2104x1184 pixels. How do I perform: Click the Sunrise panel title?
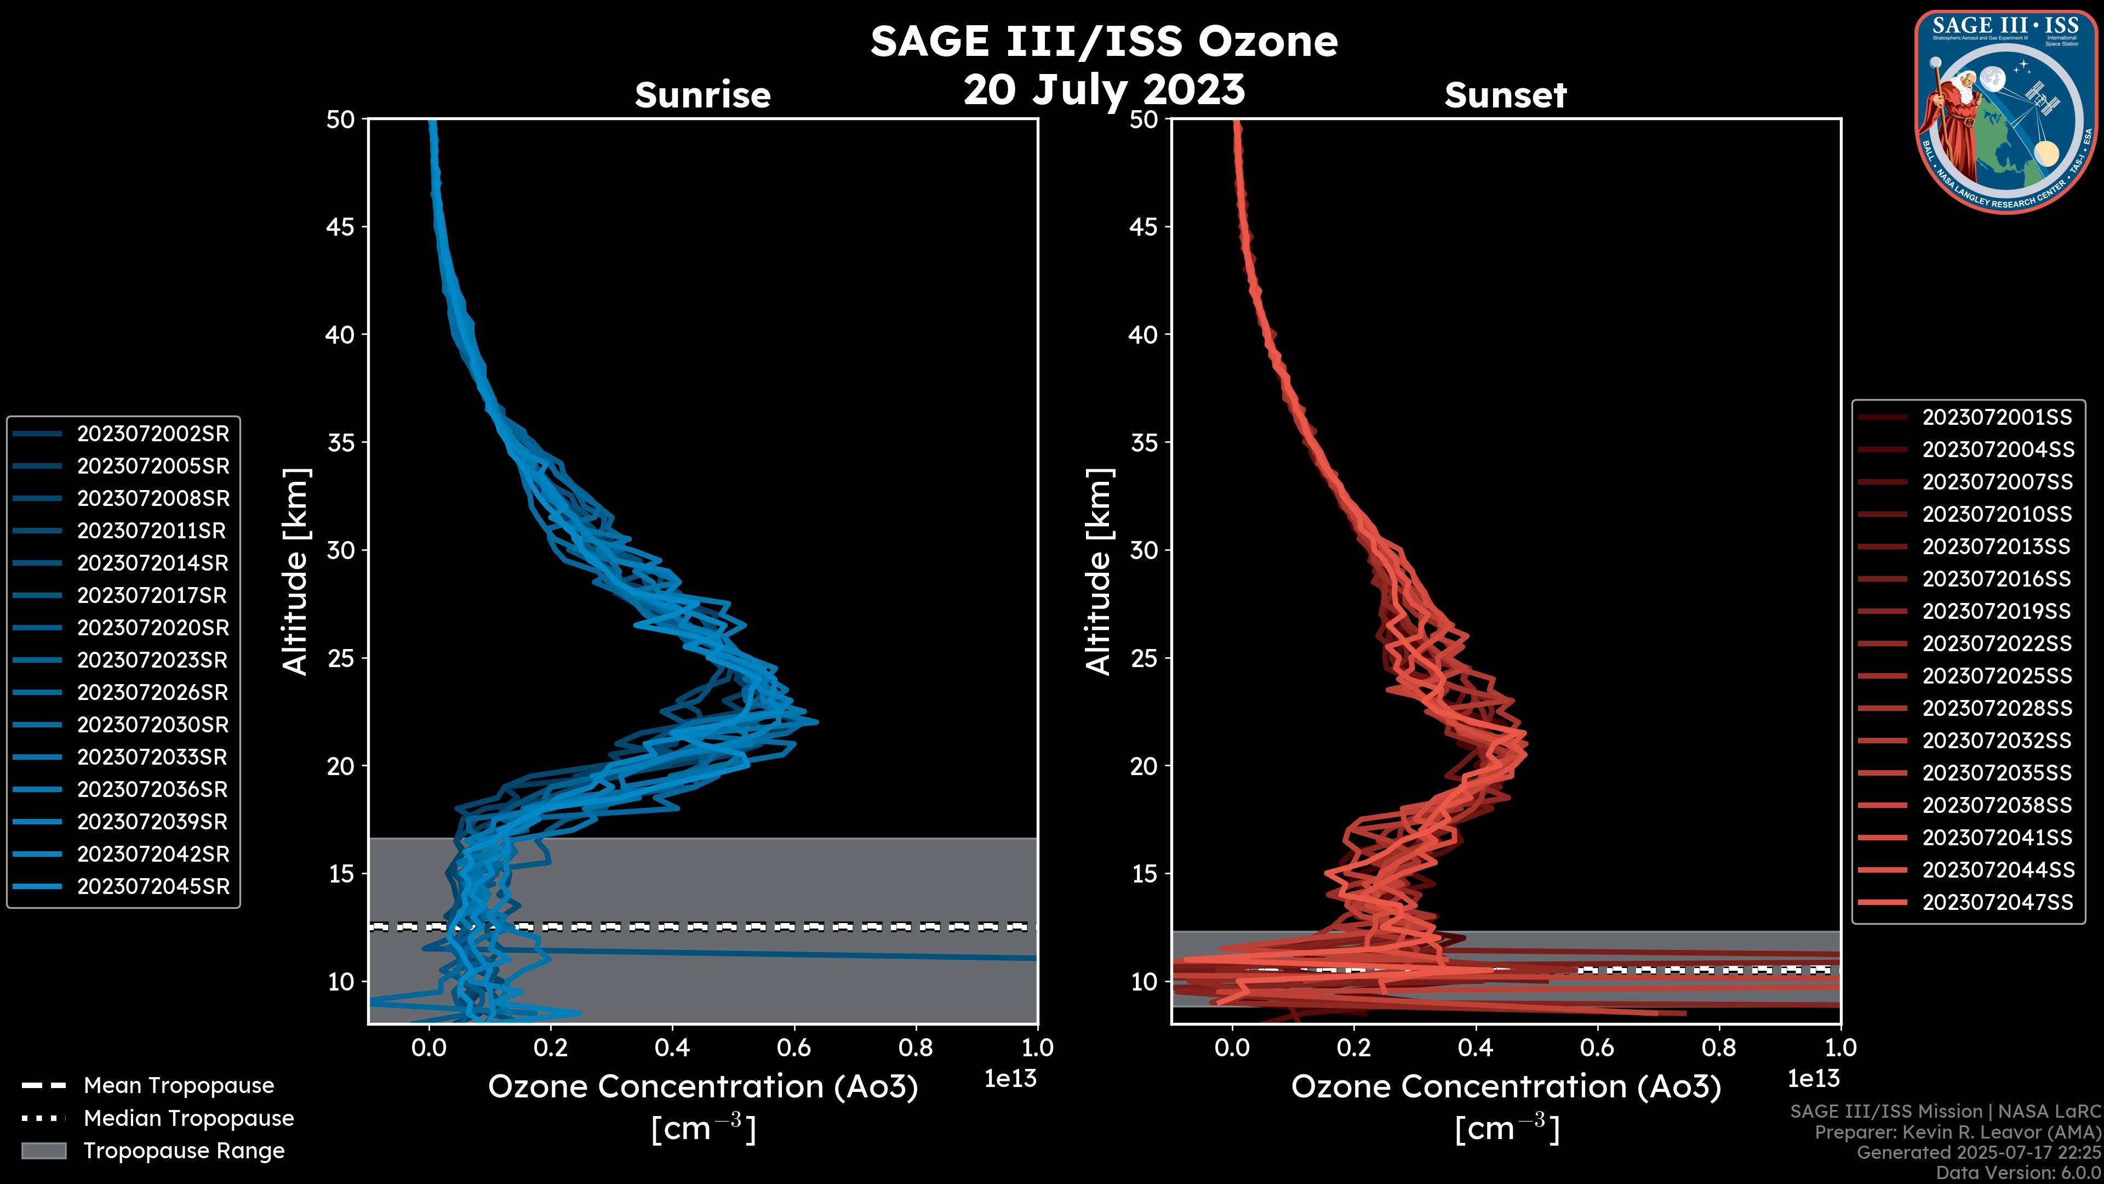pyautogui.click(x=702, y=95)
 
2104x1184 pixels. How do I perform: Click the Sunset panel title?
pyautogui.click(x=1505, y=95)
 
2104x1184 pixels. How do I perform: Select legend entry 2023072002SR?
pyautogui.click(x=153, y=434)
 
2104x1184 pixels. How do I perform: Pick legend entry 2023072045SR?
pyautogui.click(x=153, y=886)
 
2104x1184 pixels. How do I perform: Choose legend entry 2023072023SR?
pyautogui.click(x=153, y=660)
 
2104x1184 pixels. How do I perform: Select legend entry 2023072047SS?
pyautogui.click(x=1997, y=902)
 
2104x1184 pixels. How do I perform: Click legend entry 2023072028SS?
pyautogui.click(x=1997, y=708)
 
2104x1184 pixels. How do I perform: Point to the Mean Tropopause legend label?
pyautogui.click(x=179, y=1086)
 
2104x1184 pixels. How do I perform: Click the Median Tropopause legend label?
pyautogui.click(x=188, y=1119)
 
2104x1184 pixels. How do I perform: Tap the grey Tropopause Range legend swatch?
pyautogui.click(x=43, y=1151)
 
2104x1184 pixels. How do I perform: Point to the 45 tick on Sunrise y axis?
pyautogui.click(x=341, y=227)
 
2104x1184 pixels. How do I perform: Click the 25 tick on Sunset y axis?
pyautogui.click(x=1144, y=658)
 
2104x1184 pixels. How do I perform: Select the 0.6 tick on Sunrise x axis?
pyautogui.click(x=794, y=1048)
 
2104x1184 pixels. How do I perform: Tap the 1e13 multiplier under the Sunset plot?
pyautogui.click(x=1813, y=1079)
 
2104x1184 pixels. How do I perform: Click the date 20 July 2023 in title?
pyautogui.click(x=1104, y=90)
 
